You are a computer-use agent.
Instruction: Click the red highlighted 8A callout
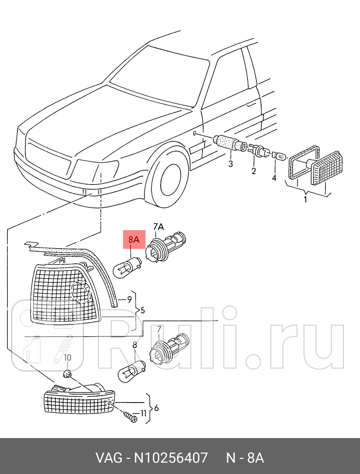[134, 239]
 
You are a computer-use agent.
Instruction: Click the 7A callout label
[159, 226]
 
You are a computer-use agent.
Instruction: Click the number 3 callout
[231, 164]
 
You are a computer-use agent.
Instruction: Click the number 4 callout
[274, 178]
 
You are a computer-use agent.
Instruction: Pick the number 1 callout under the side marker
[306, 199]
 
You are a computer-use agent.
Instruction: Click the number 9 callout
[129, 299]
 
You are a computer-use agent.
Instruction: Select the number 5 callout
[143, 310]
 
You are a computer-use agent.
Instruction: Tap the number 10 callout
[68, 358]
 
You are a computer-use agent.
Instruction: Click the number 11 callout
[143, 413]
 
